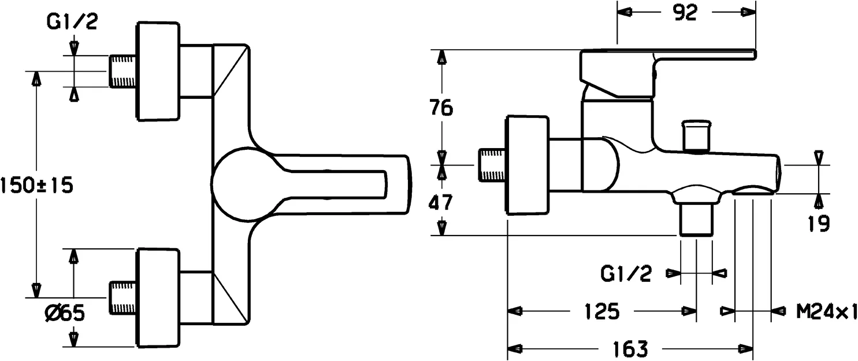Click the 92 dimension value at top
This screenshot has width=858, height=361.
(x=686, y=13)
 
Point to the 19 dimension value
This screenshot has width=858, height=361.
(x=818, y=222)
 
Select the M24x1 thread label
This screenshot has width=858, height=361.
(x=826, y=312)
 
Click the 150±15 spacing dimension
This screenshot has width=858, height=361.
(x=36, y=186)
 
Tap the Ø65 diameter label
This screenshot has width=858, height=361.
(x=65, y=314)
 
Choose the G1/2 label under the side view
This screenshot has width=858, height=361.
(x=626, y=273)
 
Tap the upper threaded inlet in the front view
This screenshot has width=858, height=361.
(x=122, y=71)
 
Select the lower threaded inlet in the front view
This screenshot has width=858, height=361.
(x=122, y=298)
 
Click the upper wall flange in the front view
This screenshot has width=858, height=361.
(x=157, y=71)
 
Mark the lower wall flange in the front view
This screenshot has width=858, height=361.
(x=157, y=298)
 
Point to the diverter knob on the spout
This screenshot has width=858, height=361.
(x=696, y=136)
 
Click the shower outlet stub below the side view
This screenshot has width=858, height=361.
(x=696, y=220)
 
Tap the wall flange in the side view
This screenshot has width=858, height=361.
(x=526, y=165)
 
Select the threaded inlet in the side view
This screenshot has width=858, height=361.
(x=492, y=165)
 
